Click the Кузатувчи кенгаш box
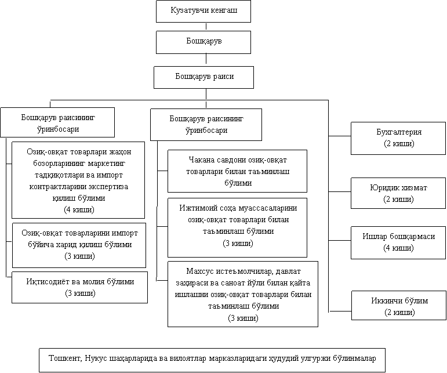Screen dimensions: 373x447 203,11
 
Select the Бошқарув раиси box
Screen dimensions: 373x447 203,77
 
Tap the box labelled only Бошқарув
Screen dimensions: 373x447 203,42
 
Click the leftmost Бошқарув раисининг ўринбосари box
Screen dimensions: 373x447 57,122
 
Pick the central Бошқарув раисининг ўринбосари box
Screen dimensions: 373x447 206,124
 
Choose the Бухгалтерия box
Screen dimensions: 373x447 398,138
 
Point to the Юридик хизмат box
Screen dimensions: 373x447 398,194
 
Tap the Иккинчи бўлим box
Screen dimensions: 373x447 398,306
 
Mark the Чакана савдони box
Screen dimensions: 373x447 237,171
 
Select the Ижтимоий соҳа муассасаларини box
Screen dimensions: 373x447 237,227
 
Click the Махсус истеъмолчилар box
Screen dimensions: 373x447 243,294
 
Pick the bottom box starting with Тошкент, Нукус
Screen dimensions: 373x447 212,360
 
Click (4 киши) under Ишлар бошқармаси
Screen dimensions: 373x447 398,248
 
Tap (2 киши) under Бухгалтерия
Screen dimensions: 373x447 398,143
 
